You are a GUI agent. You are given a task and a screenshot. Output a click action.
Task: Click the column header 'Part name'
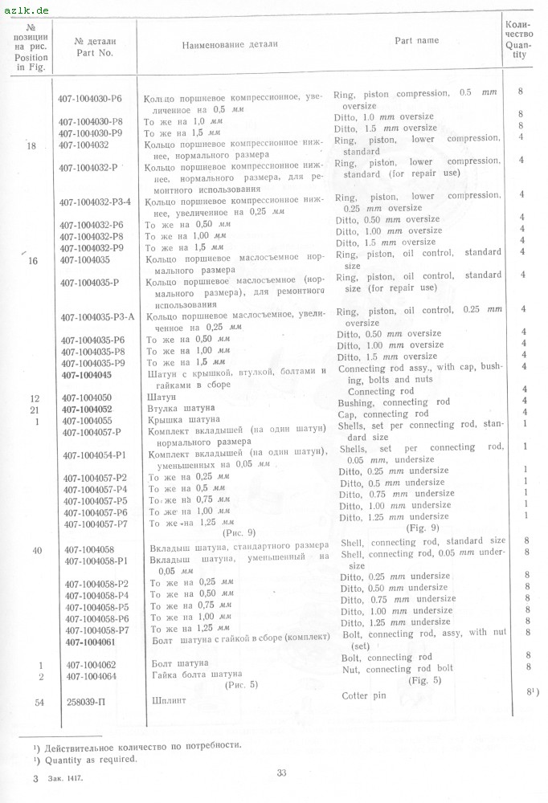416,40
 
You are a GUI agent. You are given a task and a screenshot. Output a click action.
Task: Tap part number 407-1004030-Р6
90,99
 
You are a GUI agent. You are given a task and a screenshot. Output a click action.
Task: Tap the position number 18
32,145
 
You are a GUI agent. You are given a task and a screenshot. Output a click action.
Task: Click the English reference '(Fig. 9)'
423,528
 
